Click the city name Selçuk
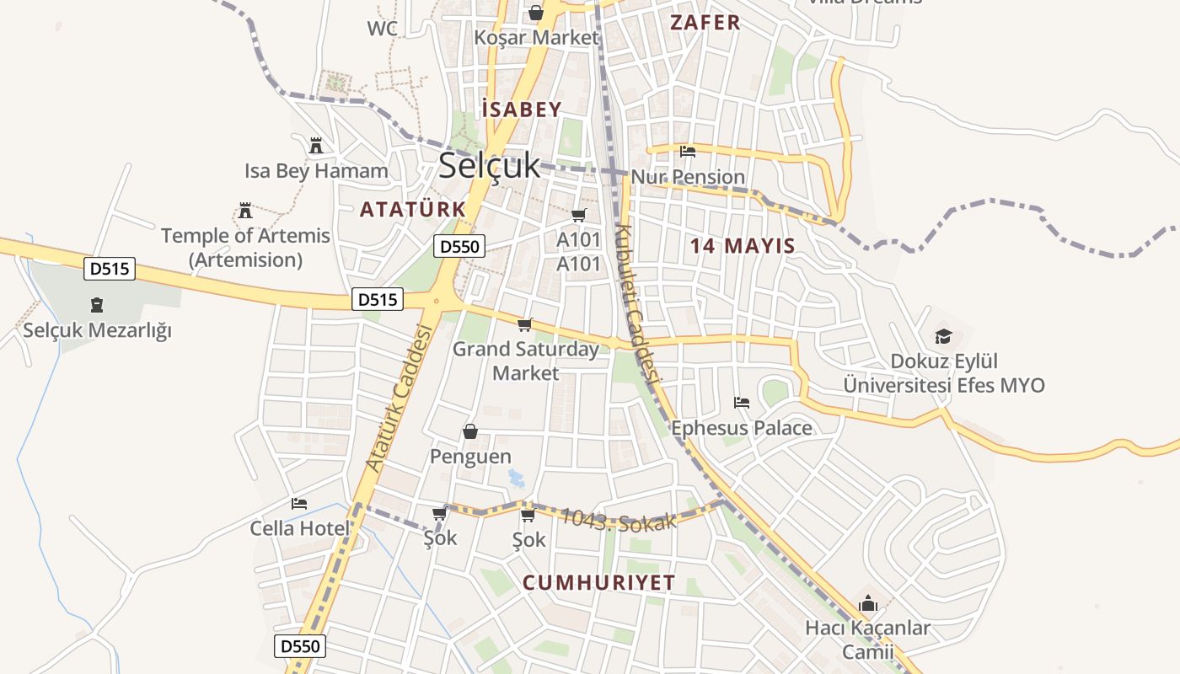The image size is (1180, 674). click(x=489, y=166)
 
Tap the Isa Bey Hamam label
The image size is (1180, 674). click(x=316, y=171)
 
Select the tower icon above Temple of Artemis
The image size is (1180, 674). click(x=245, y=210)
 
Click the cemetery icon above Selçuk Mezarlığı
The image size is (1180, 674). click(x=97, y=305)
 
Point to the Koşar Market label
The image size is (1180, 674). click(x=536, y=38)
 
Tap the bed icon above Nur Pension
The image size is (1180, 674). click(x=688, y=152)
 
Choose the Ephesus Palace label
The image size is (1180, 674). click(x=742, y=428)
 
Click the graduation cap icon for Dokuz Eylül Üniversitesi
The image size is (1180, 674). click(x=943, y=336)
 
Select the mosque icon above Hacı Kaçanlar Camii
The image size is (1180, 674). click(x=867, y=603)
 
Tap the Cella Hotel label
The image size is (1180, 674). click(x=299, y=528)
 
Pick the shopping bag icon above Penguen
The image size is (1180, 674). click(x=470, y=432)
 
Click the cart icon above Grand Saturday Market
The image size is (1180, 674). click(x=525, y=324)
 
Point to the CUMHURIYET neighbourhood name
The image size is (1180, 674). click(x=599, y=582)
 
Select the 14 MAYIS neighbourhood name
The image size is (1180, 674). click(x=743, y=246)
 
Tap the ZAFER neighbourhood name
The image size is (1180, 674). click(x=705, y=23)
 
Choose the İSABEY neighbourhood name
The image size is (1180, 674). click(x=522, y=110)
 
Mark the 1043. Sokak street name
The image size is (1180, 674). click(x=618, y=519)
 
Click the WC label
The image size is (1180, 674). click(x=382, y=29)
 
